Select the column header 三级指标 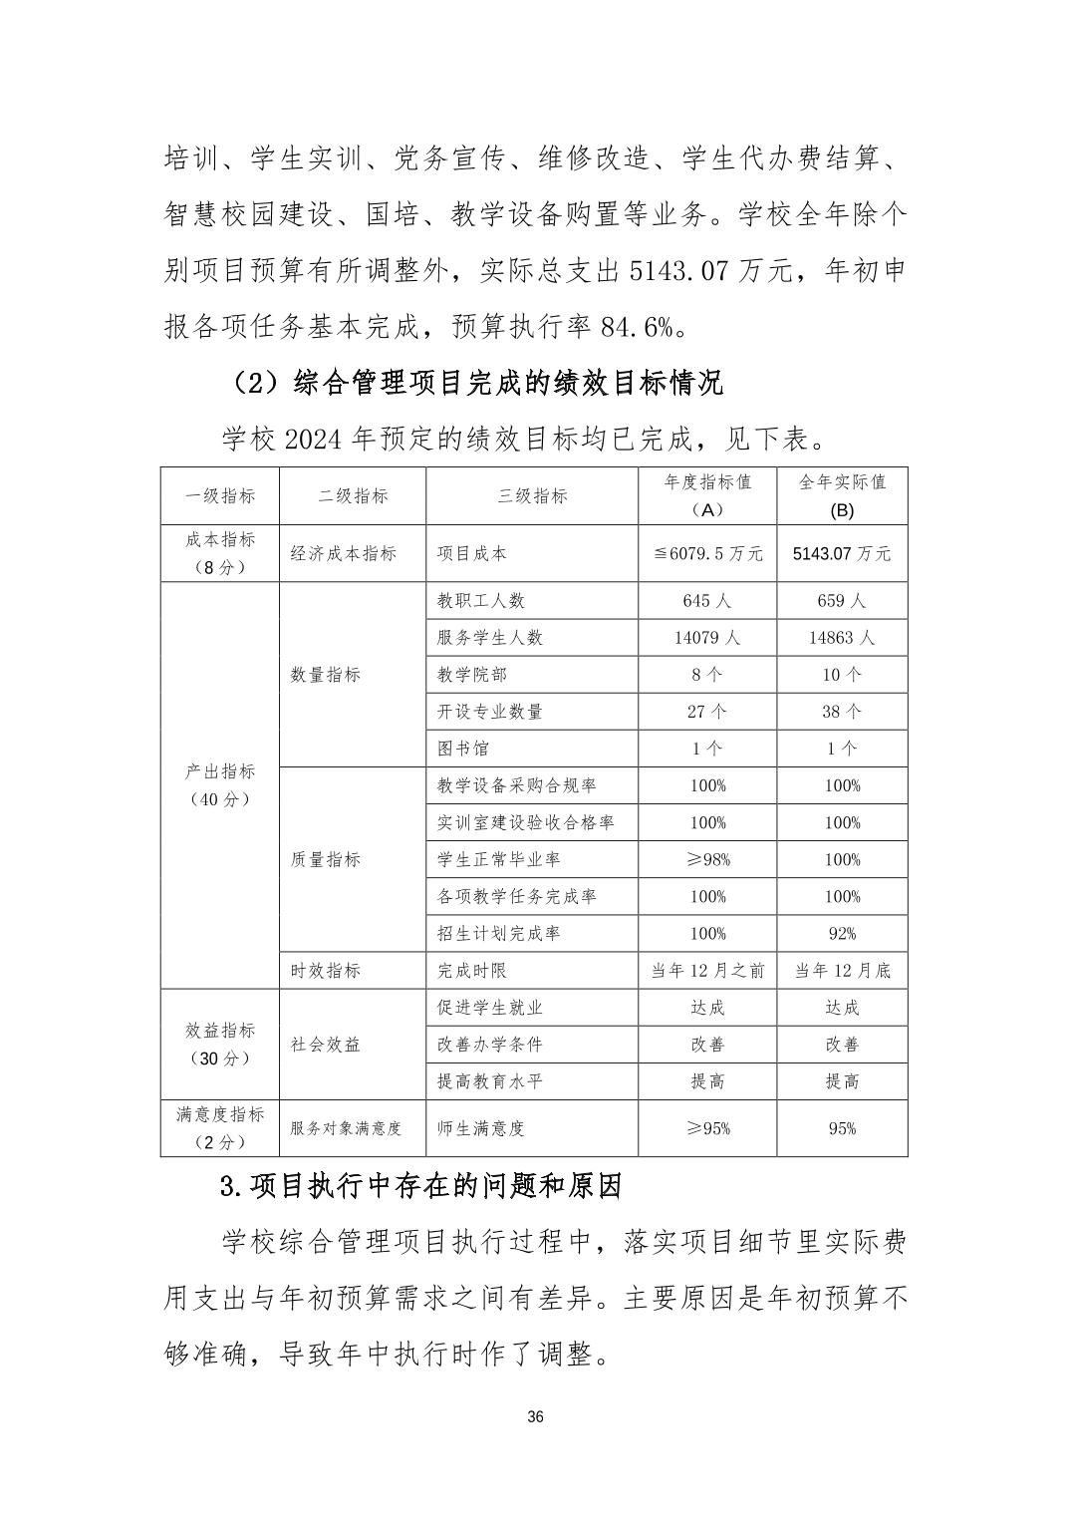pos(532,496)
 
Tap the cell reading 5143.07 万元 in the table pos(842,554)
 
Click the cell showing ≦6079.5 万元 pos(707,554)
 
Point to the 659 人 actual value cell pos(842,601)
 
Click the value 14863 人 pos(842,638)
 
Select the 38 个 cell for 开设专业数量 pos(842,712)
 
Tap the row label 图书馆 pos(463,749)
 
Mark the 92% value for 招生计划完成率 pos(842,934)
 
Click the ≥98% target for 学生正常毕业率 pos(707,860)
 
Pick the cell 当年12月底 pos(842,971)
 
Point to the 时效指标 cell pos(326,971)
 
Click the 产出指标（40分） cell pos(220,785)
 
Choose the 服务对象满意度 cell pos(346,1129)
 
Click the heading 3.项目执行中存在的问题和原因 pos(421,1187)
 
